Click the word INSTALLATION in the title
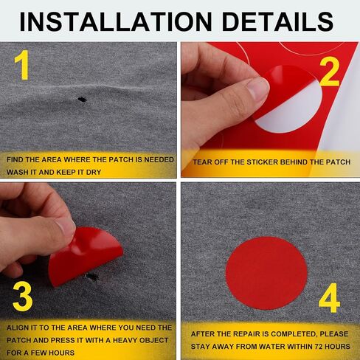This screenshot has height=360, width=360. [x=116, y=21]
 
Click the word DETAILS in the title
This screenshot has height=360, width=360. [x=277, y=21]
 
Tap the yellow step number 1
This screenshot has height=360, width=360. [x=22, y=65]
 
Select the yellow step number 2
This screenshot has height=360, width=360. [x=330, y=73]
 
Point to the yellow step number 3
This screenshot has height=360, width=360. [x=23, y=297]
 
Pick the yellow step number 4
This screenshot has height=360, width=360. [x=330, y=298]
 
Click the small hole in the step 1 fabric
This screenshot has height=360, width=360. [x=82, y=100]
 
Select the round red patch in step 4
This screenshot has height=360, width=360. [x=266, y=273]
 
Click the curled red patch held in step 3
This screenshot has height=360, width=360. [x=85, y=256]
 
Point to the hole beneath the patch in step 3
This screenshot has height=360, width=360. [x=93, y=277]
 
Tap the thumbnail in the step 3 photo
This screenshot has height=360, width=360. [x=65, y=227]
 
